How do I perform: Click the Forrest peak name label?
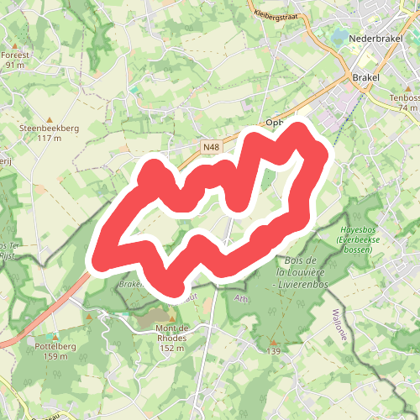17,55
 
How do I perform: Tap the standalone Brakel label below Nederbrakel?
366,77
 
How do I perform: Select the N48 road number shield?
212,147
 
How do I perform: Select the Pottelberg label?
55,345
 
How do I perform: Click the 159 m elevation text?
55,355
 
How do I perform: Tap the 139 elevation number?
274,352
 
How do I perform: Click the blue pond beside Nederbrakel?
340,38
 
